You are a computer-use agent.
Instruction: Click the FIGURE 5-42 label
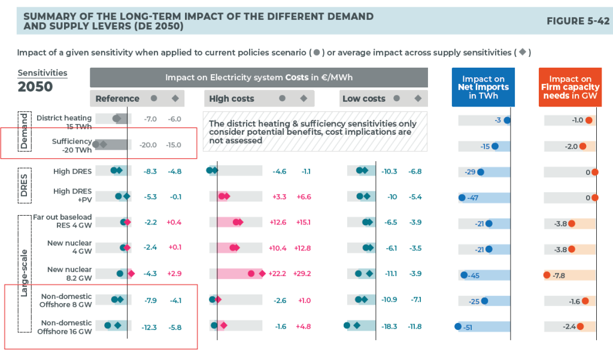(x=578, y=21)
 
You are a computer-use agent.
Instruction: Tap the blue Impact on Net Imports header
(x=482, y=87)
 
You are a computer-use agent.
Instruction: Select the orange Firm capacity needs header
(x=570, y=87)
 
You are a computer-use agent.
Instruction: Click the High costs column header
(x=232, y=98)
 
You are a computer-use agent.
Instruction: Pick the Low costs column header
(x=364, y=98)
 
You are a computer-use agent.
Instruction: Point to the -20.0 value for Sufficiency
(x=149, y=144)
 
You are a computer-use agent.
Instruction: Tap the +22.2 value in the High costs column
(x=278, y=274)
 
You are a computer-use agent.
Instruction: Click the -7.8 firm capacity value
(x=559, y=276)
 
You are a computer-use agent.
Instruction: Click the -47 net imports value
(x=472, y=198)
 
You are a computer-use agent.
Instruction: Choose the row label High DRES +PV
(x=72, y=195)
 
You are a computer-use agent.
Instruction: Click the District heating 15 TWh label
(x=64, y=122)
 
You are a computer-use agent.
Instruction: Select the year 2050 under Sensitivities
(x=35, y=87)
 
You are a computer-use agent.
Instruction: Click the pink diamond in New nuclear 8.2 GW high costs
(x=262, y=274)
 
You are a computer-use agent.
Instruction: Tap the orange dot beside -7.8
(x=547, y=276)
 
